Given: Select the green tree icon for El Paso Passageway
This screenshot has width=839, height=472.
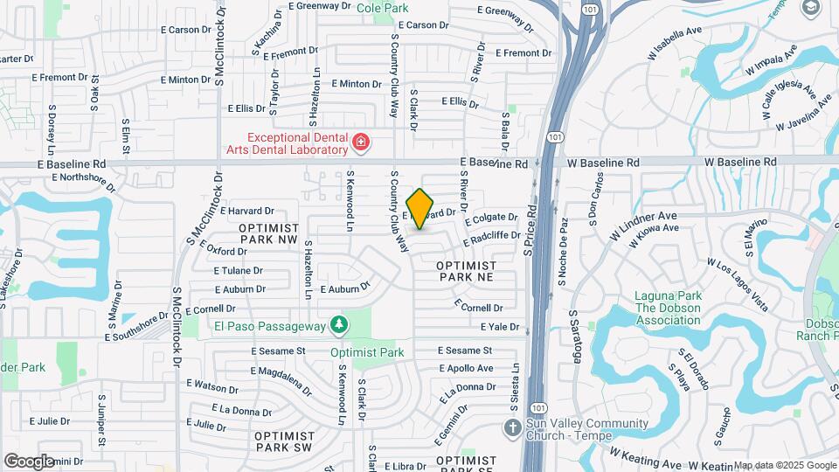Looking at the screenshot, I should click(338, 326).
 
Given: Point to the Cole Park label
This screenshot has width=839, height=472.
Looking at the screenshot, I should click(383, 8).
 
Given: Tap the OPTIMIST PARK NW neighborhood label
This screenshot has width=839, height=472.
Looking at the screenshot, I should click(268, 233).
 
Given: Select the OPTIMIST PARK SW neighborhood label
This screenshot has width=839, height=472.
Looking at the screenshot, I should click(283, 441).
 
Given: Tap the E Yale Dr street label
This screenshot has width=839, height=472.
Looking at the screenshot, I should click(499, 327).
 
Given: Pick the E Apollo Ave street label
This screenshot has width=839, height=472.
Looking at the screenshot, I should click(466, 368).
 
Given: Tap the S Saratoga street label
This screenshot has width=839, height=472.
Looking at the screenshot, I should click(574, 336).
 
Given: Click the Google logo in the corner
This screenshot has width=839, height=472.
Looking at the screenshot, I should click(29, 461).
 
